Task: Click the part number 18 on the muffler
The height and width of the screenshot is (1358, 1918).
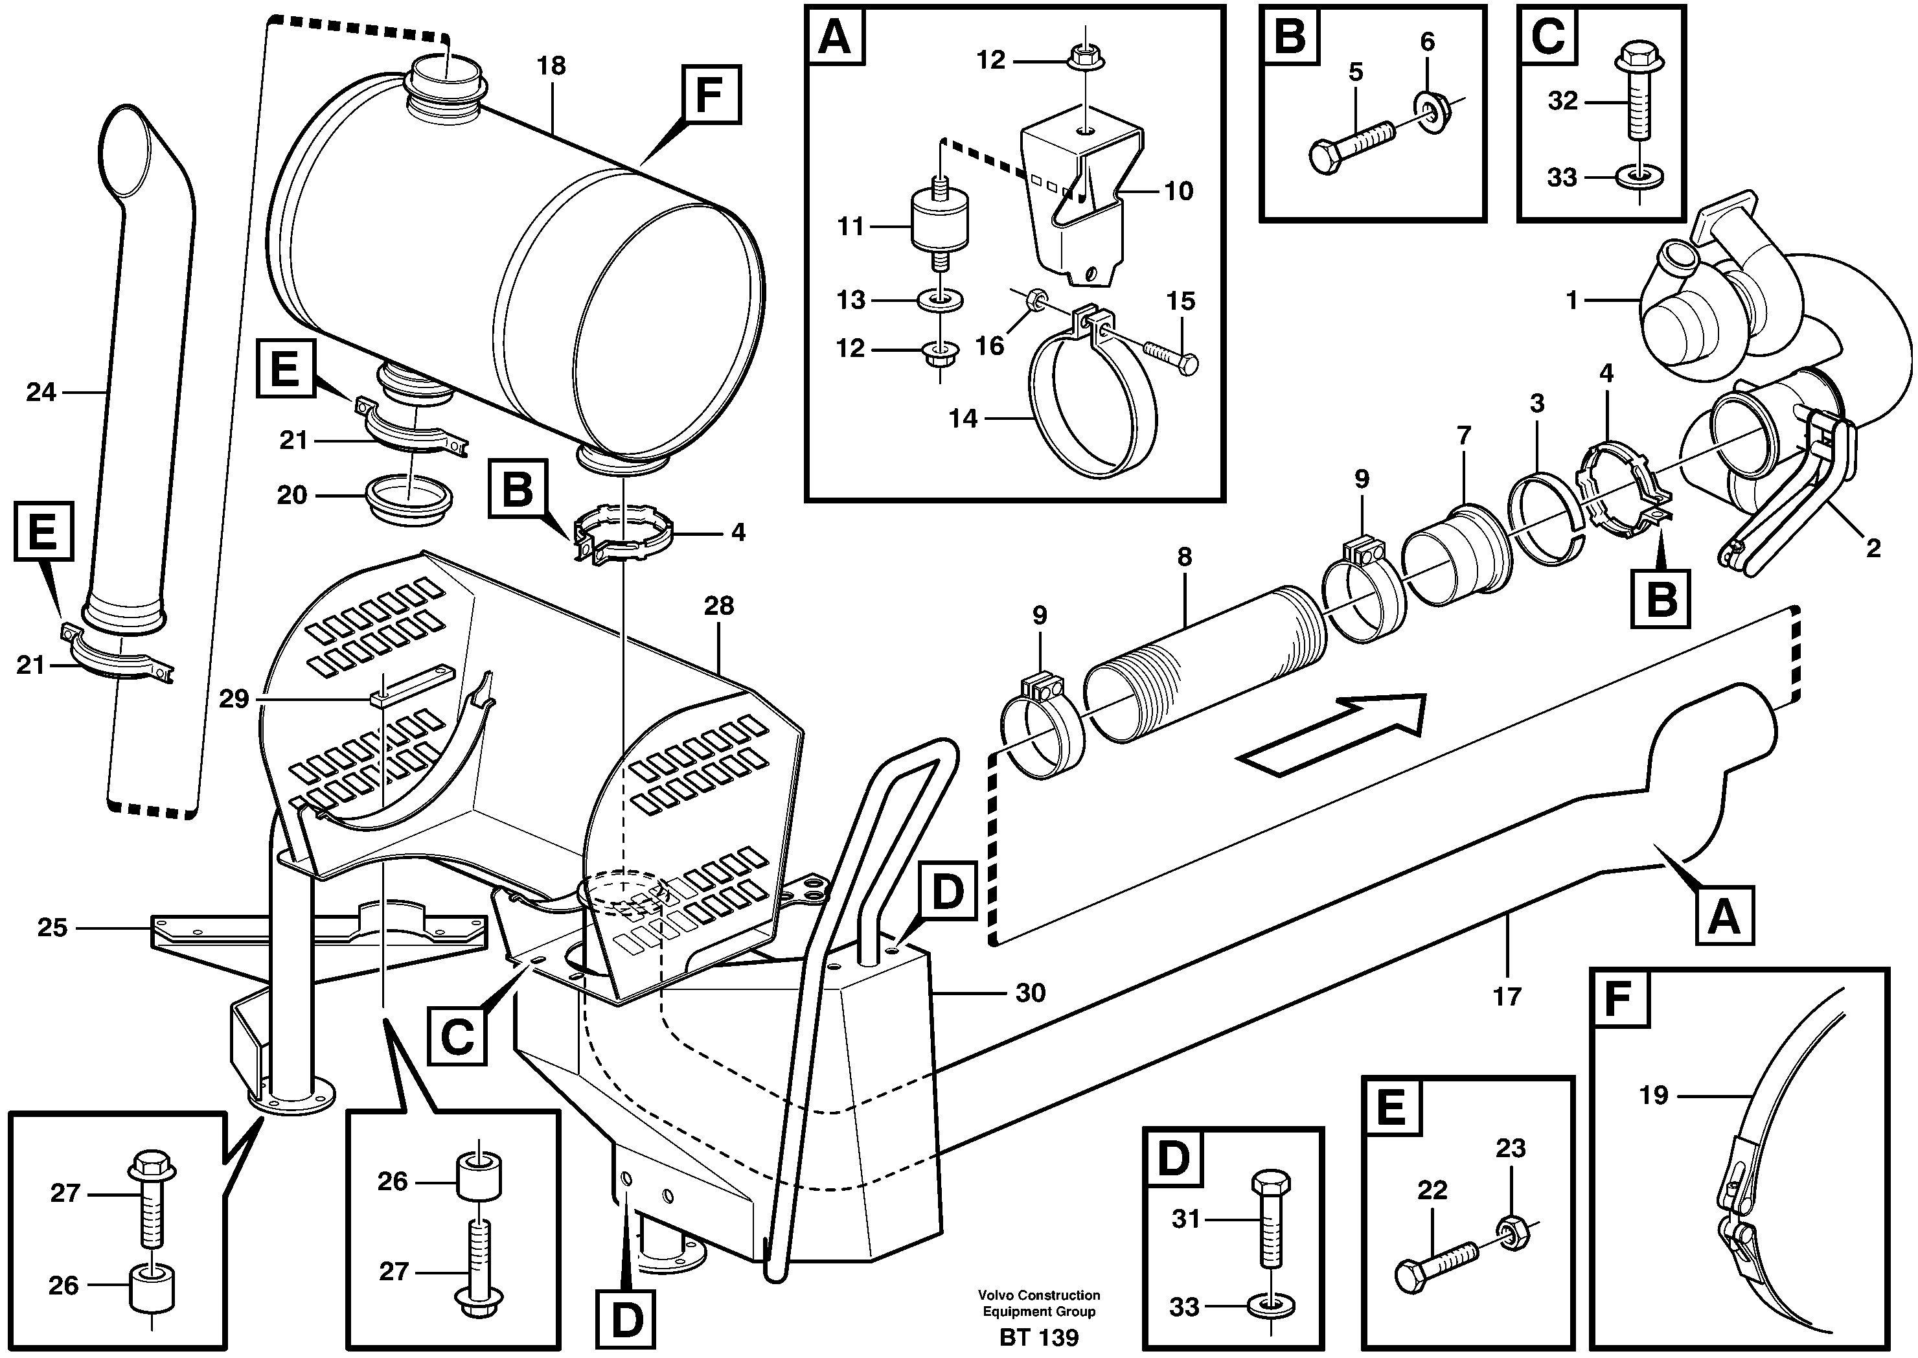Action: [551, 65]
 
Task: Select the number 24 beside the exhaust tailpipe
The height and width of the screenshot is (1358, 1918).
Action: [41, 391]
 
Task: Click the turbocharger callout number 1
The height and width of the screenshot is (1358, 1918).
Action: [1571, 299]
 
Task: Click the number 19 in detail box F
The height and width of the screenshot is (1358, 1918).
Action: [1653, 1094]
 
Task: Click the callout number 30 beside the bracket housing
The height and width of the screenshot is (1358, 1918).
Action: [1030, 993]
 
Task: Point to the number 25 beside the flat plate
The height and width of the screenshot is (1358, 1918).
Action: [52, 927]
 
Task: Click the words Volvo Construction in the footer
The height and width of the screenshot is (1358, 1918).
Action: [1038, 1295]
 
